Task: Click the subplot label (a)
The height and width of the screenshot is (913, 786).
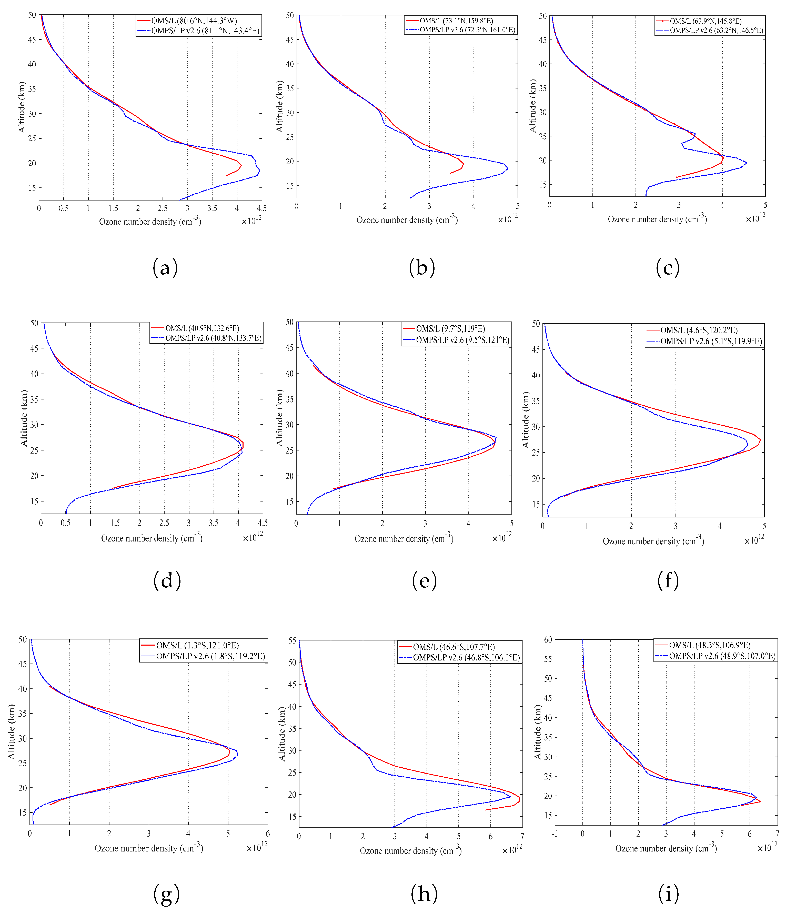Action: coord(165,267)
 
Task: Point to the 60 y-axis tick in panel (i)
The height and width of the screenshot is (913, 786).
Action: coord(548,639)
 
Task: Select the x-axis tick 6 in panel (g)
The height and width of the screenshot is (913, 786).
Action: coord(267,833)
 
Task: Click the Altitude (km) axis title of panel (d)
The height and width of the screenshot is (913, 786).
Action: coord(24,418)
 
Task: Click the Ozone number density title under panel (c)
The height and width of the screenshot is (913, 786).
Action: coord(657,219)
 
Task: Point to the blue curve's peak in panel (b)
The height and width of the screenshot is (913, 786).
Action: coord(508,168)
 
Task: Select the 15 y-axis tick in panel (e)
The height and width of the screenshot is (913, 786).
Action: coord(289,501)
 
